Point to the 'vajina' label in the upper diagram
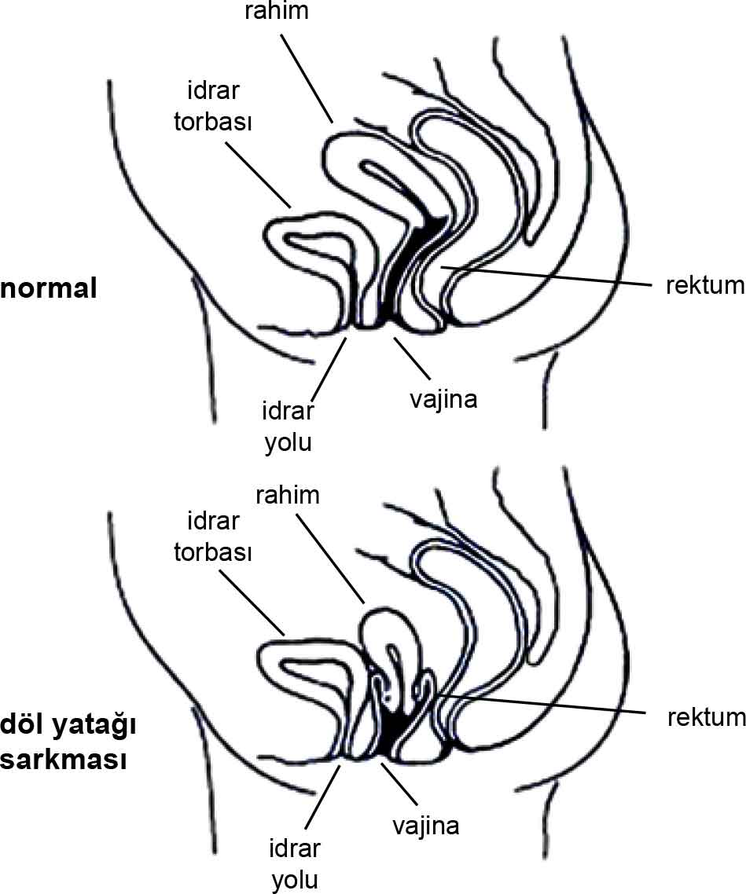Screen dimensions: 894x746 [x=443, y=399]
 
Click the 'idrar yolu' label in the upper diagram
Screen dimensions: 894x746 [x=288, y=427]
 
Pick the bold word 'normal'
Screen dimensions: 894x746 [x=49, y=288]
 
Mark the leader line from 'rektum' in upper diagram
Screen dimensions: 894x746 [x=550, y=276]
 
